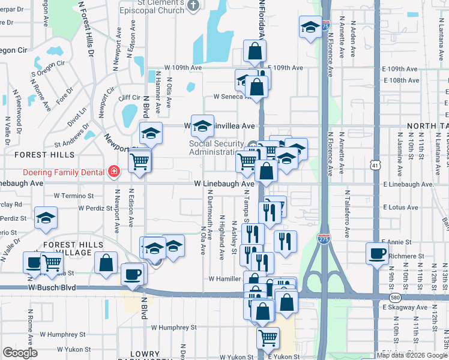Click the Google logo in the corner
20,353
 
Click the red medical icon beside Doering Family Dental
113,172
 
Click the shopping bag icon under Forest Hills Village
106,262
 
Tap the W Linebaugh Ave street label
224,184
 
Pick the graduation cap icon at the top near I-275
310,26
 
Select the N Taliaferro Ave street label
347,214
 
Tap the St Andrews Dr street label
71,144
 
